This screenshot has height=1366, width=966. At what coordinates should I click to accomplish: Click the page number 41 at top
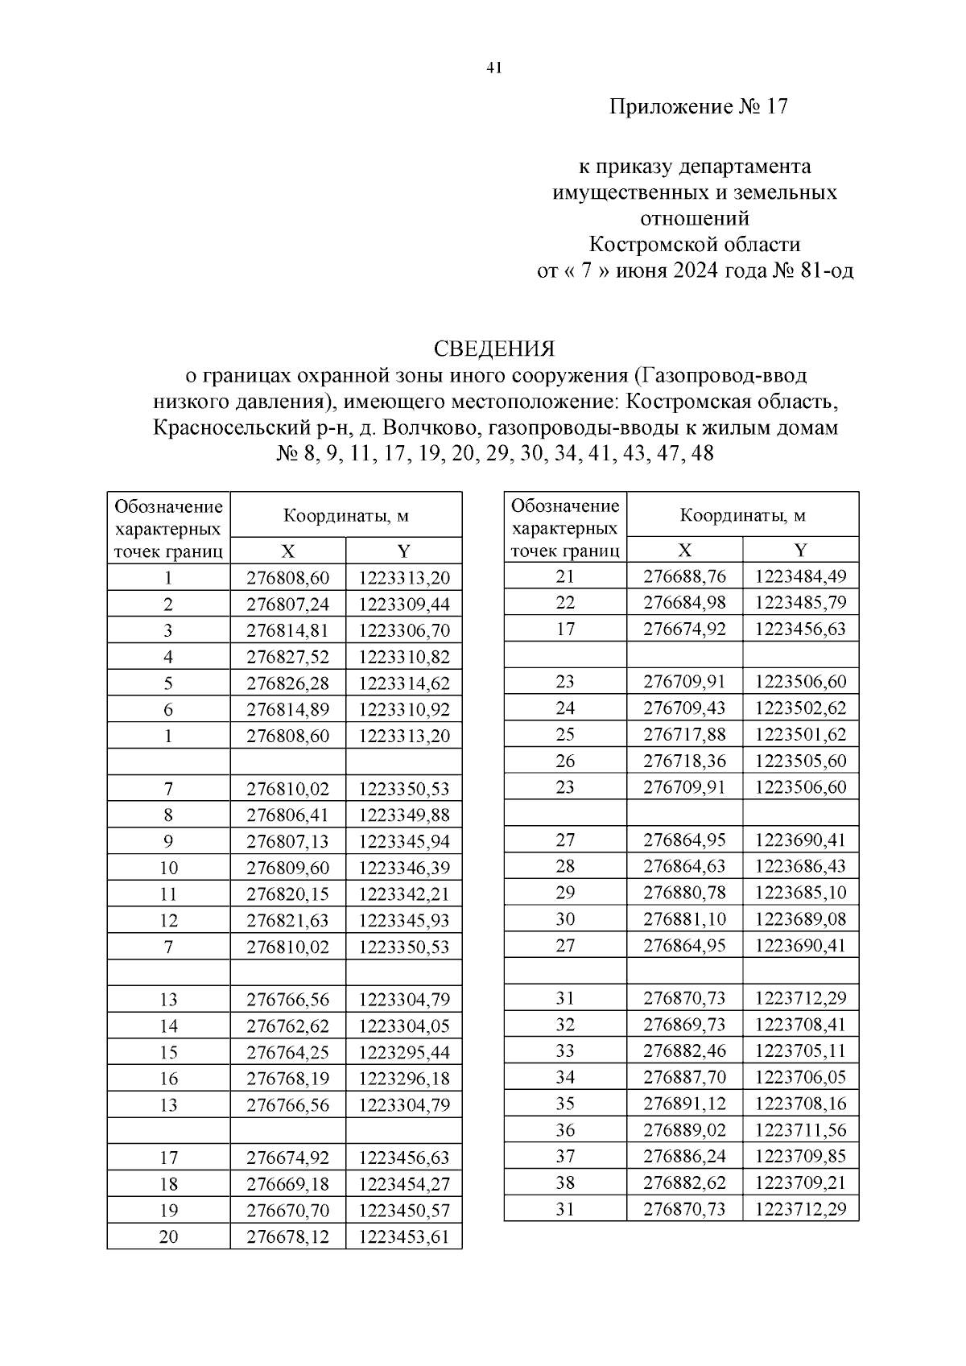tap(494, 68)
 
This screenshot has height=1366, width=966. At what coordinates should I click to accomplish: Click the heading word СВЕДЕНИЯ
tap(494, 349)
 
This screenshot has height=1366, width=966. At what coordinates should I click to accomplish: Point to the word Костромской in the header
tap(646, 244)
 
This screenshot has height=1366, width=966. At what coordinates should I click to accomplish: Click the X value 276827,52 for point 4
tap(287, 657)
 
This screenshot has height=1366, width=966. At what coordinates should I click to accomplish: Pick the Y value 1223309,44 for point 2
tap(404, 604)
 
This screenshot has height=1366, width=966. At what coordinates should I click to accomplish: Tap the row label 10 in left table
tap(168, 868)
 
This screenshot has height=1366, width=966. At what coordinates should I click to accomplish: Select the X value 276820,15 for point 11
tap(287, 894)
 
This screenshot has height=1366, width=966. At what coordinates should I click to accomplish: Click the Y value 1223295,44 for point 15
tap(404, 1052)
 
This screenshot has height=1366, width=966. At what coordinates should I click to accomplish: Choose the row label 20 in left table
tap(168, 1236)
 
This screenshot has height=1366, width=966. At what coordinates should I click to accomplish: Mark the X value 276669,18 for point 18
tap(287, 1184)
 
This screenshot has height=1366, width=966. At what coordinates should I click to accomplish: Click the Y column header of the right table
tap(800, 550)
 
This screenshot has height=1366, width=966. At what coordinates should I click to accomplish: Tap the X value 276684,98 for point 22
tap(684, 602)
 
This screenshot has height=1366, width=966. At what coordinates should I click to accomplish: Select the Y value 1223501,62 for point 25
tap(800, 734)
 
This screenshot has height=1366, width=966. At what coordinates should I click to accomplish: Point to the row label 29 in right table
tap(565, 892)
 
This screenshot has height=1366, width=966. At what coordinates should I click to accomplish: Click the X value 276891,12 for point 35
tap(684, 1103)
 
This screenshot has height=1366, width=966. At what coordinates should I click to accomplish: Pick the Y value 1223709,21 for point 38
tap(800, 1182)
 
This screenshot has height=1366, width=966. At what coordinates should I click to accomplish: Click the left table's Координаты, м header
tap(345, 516)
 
